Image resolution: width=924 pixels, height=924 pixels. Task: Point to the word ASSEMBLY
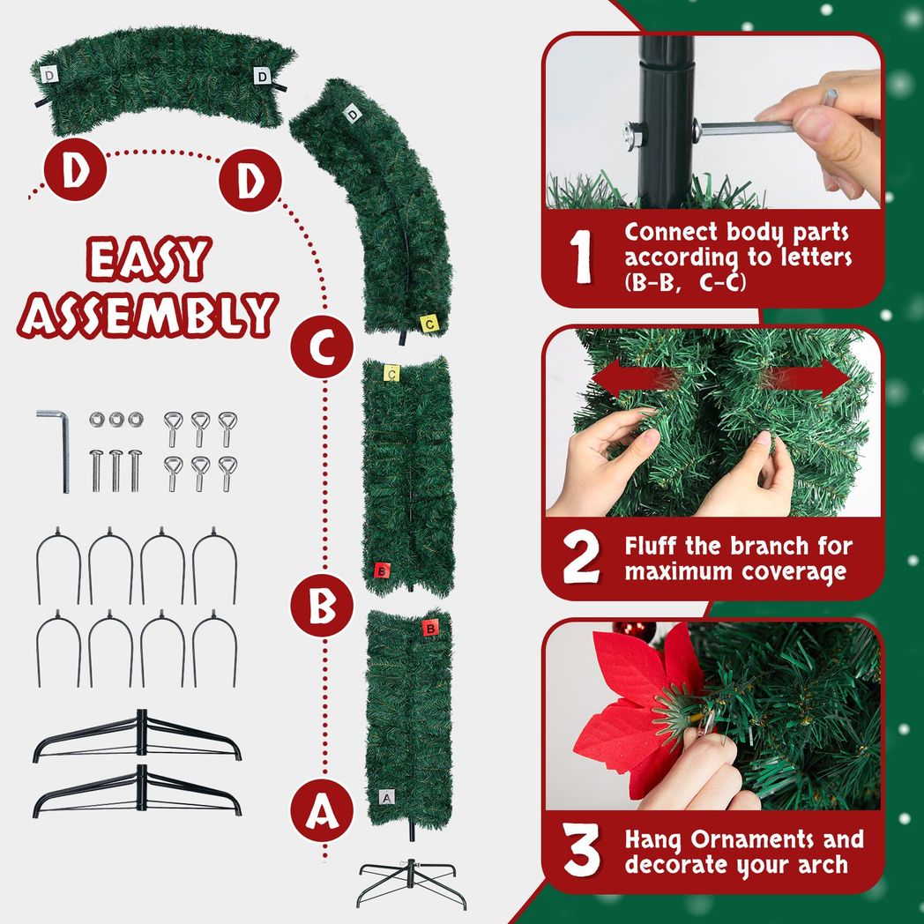pyautogui.click(x=148, y=313)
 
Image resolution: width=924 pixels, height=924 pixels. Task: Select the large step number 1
pyautogui.click(x=581, y=257)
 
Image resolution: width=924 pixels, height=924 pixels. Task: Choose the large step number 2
pyautogui.click(x=581, y=559)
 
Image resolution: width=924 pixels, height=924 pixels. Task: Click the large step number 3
pyautogui.click(x=582, y=852)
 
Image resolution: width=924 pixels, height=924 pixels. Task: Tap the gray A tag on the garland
pyautogui.click(x=385, y=796)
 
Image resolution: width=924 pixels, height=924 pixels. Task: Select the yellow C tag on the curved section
pyautogui.click(x=428, y=324)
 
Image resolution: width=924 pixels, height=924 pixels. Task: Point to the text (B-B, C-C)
pyautogui.click(x=682, y=284)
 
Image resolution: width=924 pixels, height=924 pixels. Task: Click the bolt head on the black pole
pyautogui.click(x=632, y=133)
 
